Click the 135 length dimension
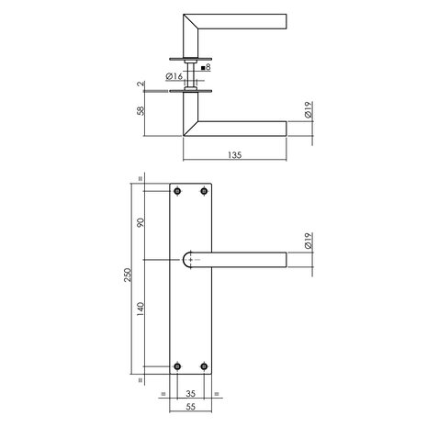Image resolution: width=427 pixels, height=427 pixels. pyautogui.click(x=236, y=156)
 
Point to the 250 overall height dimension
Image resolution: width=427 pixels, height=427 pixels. pyautogui.click(x=130, y=276)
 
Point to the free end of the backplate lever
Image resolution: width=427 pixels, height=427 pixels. pyautogui.click(x=282, y=261)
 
